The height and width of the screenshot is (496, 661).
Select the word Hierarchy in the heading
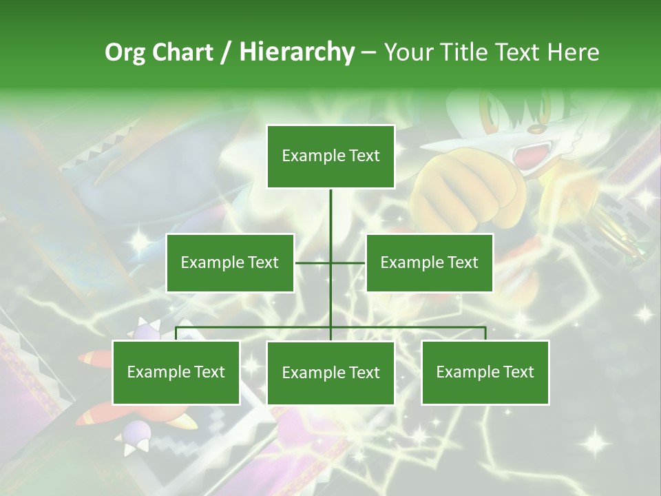[x=297, y=52]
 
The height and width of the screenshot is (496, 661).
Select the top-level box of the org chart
[x=330, y=156]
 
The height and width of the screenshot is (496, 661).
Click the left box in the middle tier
[x=230, y=262]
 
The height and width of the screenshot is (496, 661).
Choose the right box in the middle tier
[x=430, y=262]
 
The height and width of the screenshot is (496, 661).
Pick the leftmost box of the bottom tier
[x=176, y=373]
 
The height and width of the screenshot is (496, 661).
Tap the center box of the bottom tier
[x=330, y=373]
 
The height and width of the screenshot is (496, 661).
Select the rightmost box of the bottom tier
[x=485, y=373]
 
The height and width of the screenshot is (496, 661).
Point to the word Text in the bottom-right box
[x=518, y=373]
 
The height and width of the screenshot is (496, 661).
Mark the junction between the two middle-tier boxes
[x=330, y=262]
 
